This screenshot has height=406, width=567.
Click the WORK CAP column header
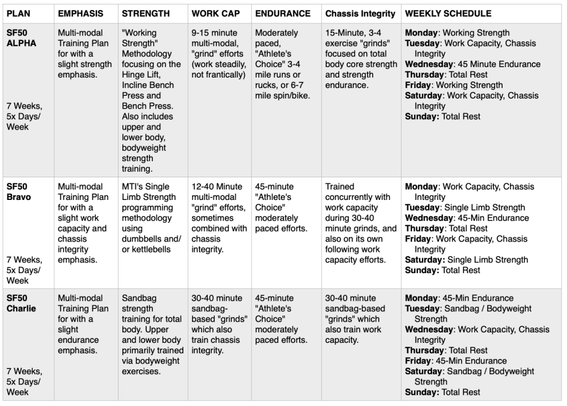215,13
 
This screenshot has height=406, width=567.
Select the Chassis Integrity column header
360,13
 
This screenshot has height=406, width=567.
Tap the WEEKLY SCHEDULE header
448,13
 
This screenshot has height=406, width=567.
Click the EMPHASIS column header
80,13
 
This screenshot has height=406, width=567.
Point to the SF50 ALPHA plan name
21,38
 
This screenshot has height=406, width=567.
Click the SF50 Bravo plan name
19,192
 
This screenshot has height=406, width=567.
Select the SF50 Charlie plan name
21,303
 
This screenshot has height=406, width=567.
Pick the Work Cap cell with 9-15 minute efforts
219,54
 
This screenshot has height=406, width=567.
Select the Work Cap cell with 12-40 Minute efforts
219,213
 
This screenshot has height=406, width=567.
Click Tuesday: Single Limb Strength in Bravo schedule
465,208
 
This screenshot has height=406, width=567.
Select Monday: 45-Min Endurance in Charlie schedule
459,298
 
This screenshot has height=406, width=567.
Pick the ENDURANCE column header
282,13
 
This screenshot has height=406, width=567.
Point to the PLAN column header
18,13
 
